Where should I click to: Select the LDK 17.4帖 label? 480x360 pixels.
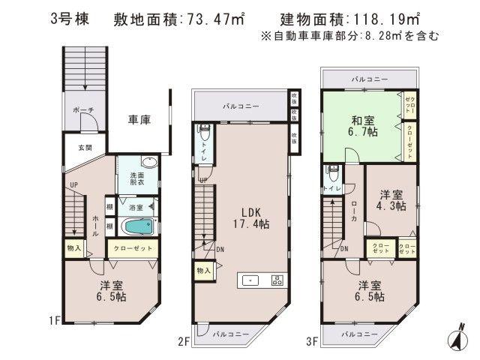(x=251, y=216)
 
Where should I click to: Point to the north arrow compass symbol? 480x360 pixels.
(x=455, y=337)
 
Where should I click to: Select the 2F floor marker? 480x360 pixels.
(x=184, y=341)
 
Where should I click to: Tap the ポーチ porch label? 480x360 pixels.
(x=82, y=111)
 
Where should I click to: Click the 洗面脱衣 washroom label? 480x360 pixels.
(x=129, y=177)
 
